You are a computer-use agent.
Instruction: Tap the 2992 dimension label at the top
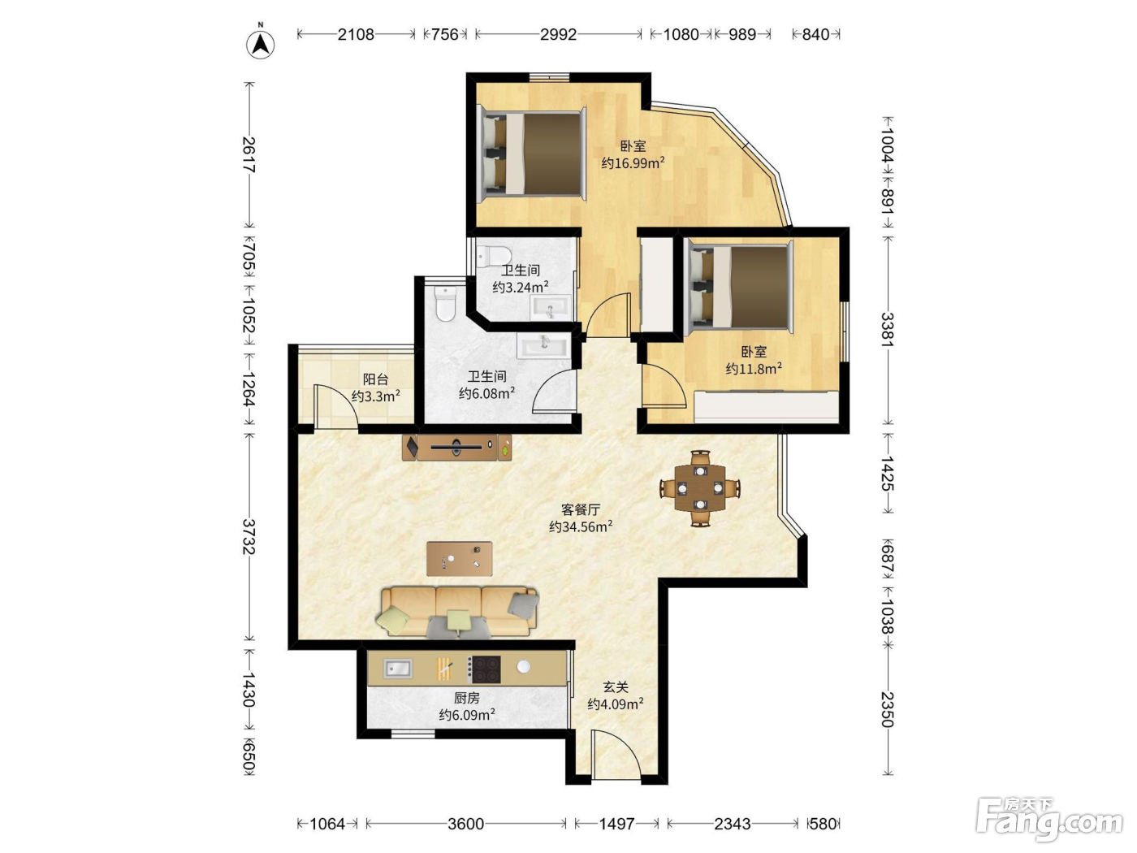[x=558, y=35]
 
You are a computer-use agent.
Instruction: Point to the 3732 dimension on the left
[x=249, y=536]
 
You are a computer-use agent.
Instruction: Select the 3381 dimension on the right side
[x=888, y=329]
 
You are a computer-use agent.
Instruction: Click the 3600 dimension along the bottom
[x=465, y=824]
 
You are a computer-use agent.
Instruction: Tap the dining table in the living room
[x=700, y=488]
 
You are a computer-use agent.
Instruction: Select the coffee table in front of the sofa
[x=460, y=559]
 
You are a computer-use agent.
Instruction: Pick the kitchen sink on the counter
[x=398, y=669]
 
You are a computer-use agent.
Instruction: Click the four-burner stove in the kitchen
[x=484, y=669]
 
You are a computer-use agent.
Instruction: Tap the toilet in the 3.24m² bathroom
[x=494, y=255]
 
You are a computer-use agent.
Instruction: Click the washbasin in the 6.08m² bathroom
[x=544, y=345]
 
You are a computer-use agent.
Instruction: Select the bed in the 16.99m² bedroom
[x=532, y=154]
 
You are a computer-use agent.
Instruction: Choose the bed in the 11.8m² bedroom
[x=739, y=287]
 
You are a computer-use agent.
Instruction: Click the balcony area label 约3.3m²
[x=375, y=396]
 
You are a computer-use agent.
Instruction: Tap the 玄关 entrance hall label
[x=616, y=687]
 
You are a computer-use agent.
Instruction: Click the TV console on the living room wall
[x=457, y=447]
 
